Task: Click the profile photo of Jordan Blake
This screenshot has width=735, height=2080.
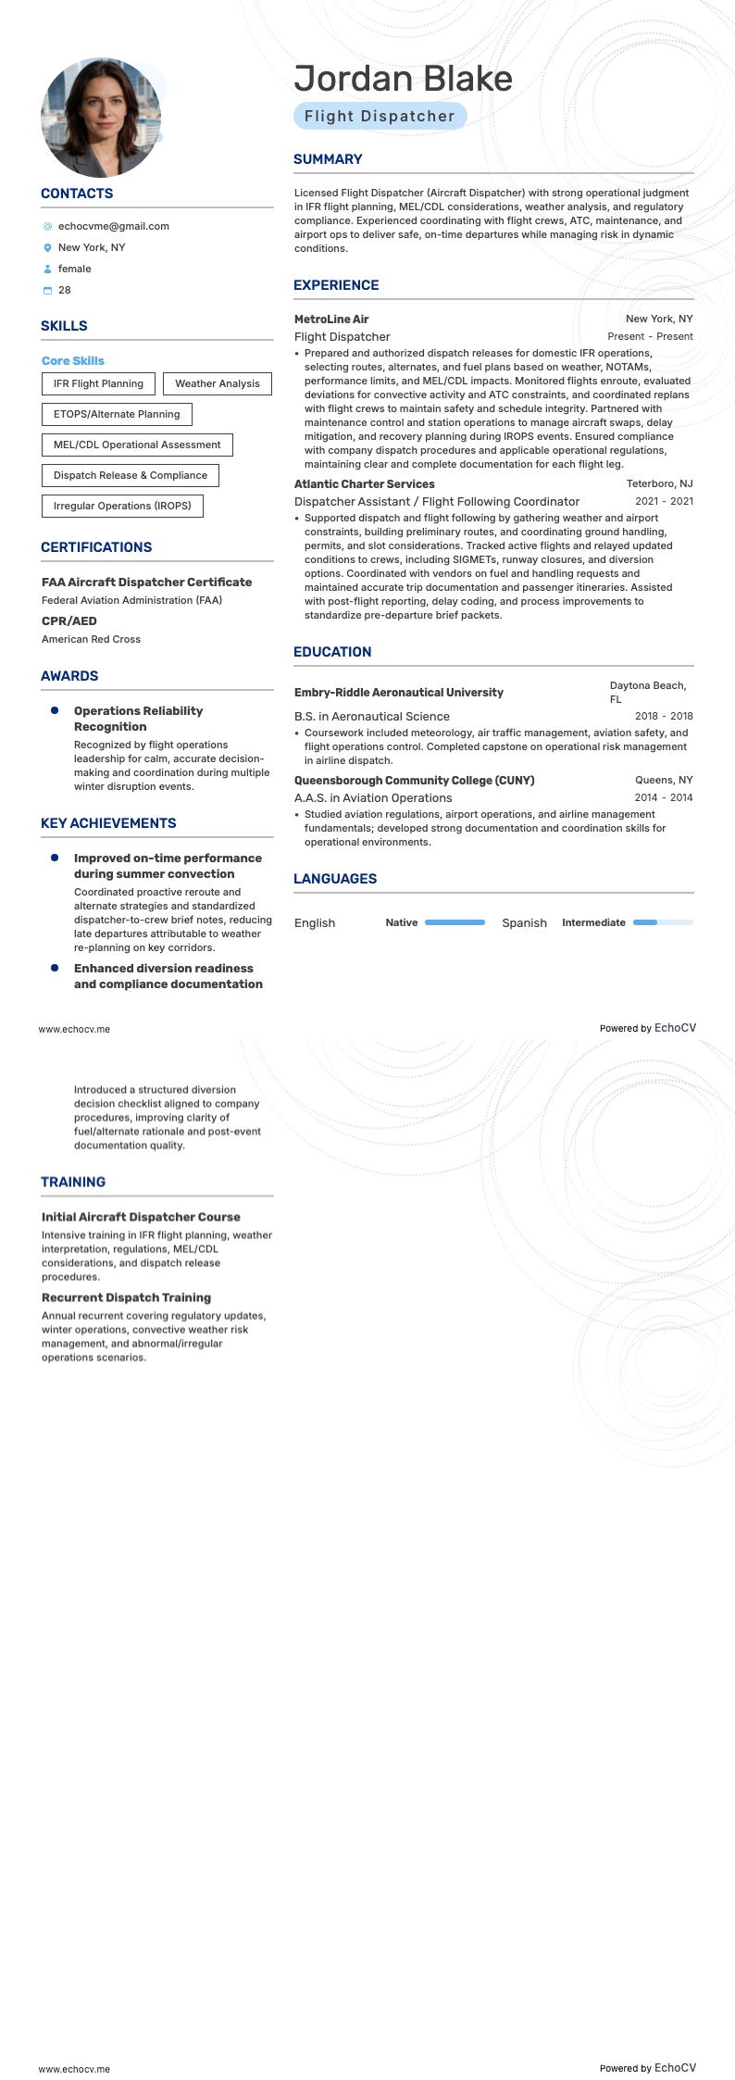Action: coord(101,118)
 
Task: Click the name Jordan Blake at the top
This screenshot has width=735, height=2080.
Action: coord(403,80)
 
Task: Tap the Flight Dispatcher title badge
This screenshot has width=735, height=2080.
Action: coord(380,116)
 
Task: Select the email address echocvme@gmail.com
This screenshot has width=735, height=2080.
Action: coord(113,226)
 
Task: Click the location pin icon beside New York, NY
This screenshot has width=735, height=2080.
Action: coord(48,248)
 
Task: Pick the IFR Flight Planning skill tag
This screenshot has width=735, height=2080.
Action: coord(98,383)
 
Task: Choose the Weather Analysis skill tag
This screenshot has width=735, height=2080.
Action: coord(218,383)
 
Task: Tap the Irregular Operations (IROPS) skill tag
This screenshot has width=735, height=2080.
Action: coord(122,506)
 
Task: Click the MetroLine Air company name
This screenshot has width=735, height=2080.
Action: coord(331,320)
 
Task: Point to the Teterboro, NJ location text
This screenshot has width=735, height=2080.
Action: coord(659,484)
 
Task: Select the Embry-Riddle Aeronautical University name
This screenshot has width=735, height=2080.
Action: coord(399,693)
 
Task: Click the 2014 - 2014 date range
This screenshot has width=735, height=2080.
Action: coord(664,797)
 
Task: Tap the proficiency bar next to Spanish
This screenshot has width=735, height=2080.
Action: coord(663,922)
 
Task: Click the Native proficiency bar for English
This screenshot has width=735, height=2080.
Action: coord(455,922)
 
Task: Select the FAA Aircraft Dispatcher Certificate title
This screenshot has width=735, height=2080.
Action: coord(146,583)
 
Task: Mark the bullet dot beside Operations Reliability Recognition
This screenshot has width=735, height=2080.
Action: coord(55,710)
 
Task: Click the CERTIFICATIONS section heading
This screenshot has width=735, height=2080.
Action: coord(96,547)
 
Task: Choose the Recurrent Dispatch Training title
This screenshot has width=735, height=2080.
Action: coord(126,1297)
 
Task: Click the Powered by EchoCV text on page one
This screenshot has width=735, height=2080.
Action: coord(647,1028)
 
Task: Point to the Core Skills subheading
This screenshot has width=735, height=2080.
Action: coord(73,361)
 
